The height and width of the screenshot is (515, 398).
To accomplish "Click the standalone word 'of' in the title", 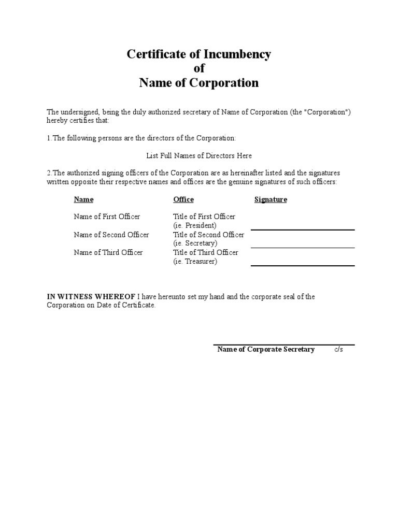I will point(199,68).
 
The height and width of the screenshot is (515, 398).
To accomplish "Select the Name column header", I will point(83,199).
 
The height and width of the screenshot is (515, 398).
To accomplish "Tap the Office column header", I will point(183,199).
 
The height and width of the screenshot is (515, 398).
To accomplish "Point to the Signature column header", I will point(271,199).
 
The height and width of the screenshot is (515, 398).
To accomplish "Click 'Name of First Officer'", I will point(107,217).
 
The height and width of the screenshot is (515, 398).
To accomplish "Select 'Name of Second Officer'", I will point(111,235).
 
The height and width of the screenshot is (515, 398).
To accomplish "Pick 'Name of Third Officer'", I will point(108,252).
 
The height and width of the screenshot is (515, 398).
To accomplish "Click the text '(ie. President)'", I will point(195,225).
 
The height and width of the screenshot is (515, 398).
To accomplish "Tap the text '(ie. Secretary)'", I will point(195,243).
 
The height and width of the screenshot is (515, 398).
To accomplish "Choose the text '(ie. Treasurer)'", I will point(195,261).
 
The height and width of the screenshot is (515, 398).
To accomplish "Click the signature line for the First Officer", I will point(303,230).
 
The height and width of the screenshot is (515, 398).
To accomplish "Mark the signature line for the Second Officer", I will point(303,248).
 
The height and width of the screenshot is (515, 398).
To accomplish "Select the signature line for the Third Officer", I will point(303,265).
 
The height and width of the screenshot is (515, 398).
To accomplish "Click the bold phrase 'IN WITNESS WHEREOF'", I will point(91,297).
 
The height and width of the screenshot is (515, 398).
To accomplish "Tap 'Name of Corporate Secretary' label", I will point(266,349).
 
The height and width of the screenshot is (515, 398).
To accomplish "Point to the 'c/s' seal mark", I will point(338,349).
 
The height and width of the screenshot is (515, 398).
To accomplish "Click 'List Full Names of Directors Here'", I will point(199,155).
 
